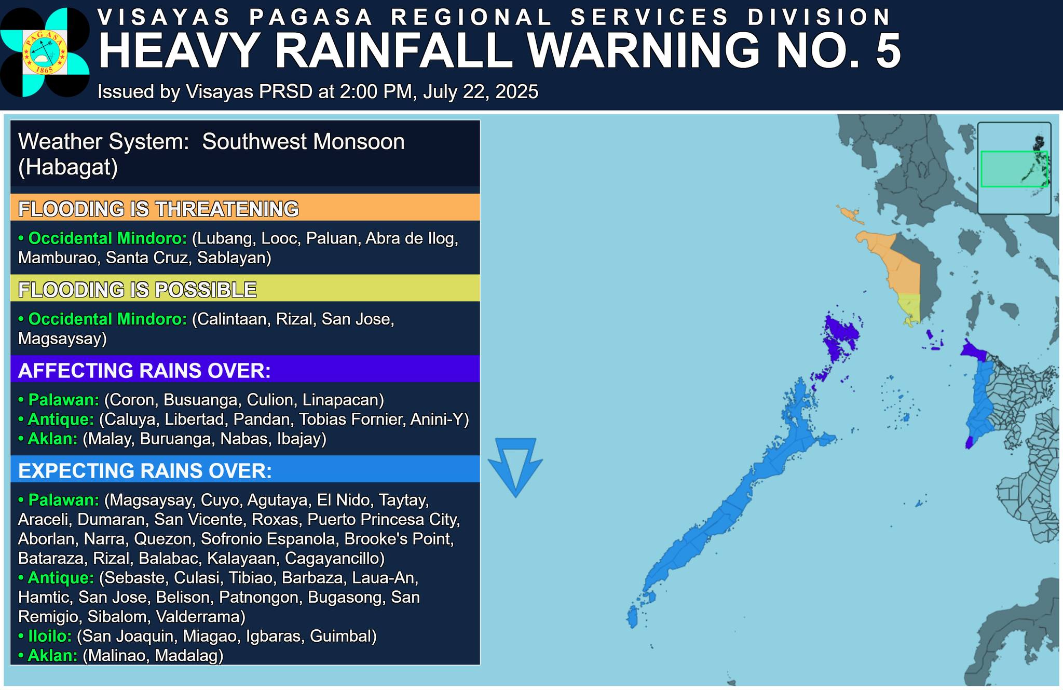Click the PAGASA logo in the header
coord(45,52)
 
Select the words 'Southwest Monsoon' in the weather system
coord(303,142)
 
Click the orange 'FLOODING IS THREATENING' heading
coord(158,209)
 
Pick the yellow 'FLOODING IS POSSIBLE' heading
coord(137,289)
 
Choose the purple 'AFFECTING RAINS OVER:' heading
coord(144,370)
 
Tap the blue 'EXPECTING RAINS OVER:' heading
coord(145,470)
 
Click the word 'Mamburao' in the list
coord(58,258)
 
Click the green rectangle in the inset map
coord(1014,169)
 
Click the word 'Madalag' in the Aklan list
coord(189,655)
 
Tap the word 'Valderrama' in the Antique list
coord(200,616)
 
